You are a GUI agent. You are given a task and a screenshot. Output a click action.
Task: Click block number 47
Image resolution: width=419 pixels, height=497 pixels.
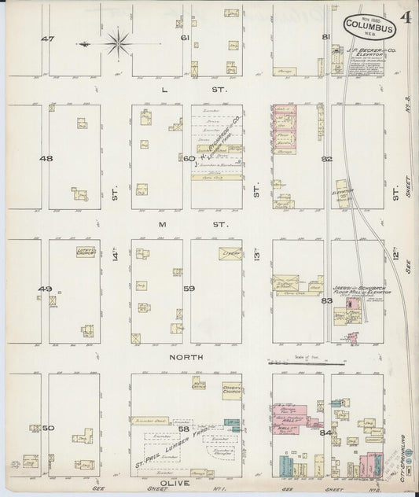click(x=49, y=39)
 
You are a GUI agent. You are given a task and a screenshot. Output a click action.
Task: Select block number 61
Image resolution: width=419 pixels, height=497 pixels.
click(x=186, y=38)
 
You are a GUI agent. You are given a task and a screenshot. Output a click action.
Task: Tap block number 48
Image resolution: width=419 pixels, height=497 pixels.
click(x=46, y=158)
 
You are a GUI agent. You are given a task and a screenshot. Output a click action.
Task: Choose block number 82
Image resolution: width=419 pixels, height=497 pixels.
click(x=327, y=159)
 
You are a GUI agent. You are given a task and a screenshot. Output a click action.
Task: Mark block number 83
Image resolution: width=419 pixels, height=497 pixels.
click(x=327, y=299)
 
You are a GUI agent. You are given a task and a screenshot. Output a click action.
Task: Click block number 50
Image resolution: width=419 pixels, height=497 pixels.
click(x=47, y=427)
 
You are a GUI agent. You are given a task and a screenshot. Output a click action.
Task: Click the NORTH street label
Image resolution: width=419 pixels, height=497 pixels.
click(x=188, y=357)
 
